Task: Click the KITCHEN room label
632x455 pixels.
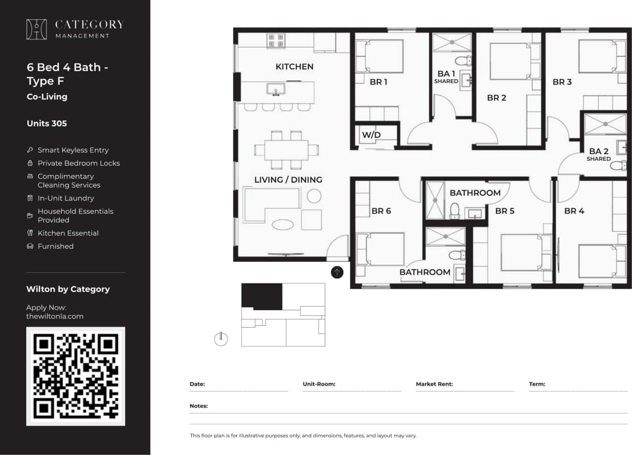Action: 294,67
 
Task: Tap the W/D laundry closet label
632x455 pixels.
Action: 371,135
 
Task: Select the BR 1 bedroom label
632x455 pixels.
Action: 378,82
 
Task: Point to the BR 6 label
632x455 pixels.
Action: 381,211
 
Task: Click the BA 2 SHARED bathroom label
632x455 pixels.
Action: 599,154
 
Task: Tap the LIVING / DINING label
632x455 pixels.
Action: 288,179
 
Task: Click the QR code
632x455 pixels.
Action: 75,376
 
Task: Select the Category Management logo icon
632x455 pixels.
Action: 37,30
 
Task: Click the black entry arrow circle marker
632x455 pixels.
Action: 337,272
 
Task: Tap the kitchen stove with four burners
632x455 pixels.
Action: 276,40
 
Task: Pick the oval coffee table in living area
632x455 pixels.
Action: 283,224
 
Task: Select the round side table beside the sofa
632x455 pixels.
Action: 314,196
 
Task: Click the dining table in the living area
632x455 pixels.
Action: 286,150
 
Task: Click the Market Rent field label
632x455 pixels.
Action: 434,384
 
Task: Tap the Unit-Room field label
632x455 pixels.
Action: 319,384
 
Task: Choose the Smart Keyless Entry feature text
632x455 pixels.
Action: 73,150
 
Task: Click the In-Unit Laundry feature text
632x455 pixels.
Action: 66,198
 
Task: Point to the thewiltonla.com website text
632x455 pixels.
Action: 55,316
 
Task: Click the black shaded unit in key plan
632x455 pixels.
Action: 262,296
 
